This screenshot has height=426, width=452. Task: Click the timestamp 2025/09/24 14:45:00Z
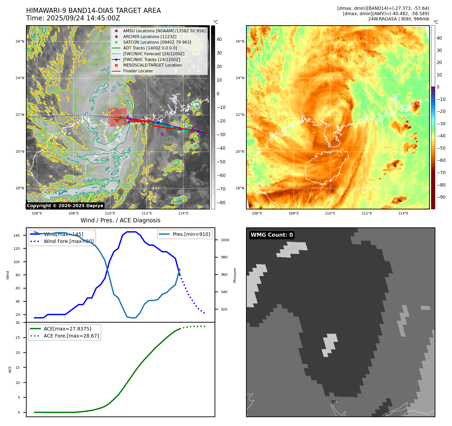pyautogui.click(x=73, y=18)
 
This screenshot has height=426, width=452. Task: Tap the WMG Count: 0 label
pyautogui.click(x=272, y=235)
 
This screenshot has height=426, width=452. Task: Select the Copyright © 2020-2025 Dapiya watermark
pyautogui.click(x=65, y=206)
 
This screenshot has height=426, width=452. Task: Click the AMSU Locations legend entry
pyautogui.click(x=164, y=31)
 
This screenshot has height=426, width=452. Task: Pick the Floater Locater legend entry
pyautogui.click(x=138, y=71)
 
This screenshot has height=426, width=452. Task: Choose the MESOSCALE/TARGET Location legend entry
pyautogui.click(x=152, y=65)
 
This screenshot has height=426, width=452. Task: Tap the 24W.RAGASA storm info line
pyautogui.click(x=398, y=19)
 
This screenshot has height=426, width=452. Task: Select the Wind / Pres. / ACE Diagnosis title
pyautogui.click(x=120, y=220)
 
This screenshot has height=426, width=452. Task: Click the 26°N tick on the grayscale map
pyautogui.click(x=20, y=42)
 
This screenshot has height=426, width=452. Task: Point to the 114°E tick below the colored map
pyautogui.click(x=403, y=214)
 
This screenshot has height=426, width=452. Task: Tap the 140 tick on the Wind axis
pyautogui.click(x=17, y=235)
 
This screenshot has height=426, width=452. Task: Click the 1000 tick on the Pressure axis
pyautogui.click(x=225, y=240)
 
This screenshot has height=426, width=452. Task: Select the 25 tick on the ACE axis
pyautogui.click(x=18, y=338)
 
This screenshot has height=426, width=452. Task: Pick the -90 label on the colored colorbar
pyautogui.click(x=441, y=197)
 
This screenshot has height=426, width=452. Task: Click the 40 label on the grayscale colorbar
pyautogui.click(x=219, y=39)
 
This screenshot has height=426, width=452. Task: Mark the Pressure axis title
pyautogui.click(x=235, y=275)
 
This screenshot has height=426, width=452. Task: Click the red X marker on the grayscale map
pyautogui.click(x=117, y=120)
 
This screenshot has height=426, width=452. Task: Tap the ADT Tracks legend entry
pyautogui.click(x=150, y=48)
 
